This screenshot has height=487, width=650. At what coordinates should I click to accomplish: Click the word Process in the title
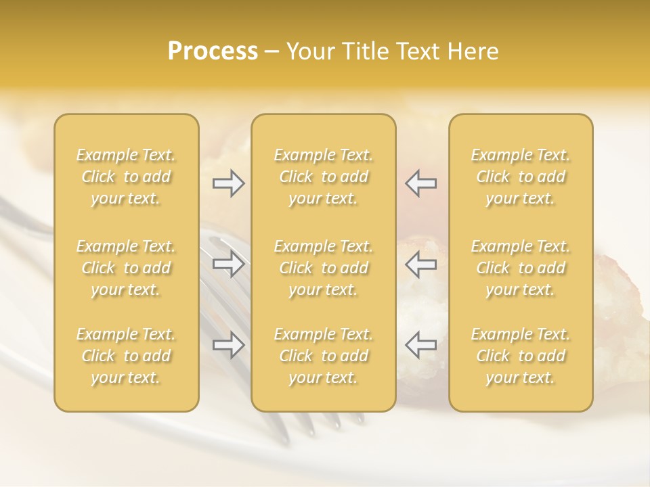[213, 51]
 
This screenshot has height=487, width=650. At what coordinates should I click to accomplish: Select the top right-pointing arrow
[228, 183]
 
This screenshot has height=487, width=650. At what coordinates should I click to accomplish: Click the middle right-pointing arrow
[228, 264]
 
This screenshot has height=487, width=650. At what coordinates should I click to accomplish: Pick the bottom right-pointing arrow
[228, 345]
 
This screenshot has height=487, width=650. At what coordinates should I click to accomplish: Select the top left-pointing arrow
[421, 183]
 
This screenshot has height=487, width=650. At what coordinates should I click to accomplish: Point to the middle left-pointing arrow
[421, 264]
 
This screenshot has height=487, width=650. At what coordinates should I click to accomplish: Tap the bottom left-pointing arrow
[421, 345]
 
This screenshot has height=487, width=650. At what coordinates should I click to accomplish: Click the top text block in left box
[126, 177]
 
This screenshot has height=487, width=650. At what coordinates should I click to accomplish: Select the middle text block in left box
[126, 268]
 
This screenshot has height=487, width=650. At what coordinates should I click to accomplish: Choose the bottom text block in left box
[126, 356]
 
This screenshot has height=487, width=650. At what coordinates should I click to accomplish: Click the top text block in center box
[323, 177]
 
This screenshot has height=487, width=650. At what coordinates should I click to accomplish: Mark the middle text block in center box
[323, 268]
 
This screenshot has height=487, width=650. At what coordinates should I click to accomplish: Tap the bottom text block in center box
[323, 356]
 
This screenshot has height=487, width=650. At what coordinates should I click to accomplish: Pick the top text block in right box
[521, 177]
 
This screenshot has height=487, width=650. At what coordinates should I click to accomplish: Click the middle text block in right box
[521, 268]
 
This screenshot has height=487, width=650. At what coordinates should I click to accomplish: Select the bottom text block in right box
[521, 356]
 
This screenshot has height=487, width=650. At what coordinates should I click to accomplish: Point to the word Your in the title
[310, 51]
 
